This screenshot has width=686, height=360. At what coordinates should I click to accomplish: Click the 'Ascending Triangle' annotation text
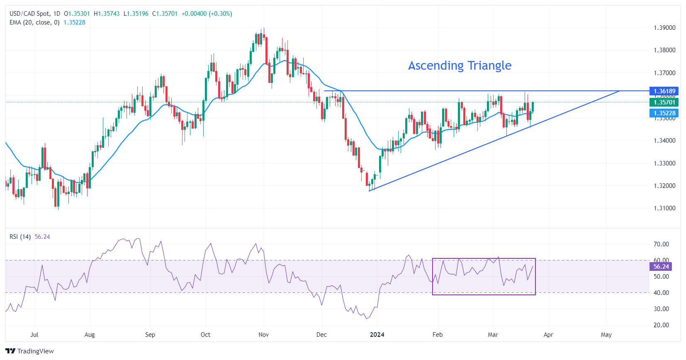460,66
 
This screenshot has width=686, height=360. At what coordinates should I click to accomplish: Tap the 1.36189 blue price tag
664,91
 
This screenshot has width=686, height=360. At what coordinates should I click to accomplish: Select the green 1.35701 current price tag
664,102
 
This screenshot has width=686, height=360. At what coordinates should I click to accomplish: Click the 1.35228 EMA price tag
664,113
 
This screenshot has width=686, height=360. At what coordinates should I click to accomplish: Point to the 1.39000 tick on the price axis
664,28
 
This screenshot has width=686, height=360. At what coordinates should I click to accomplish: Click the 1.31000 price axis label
664,208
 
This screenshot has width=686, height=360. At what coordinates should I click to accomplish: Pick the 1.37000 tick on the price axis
664,73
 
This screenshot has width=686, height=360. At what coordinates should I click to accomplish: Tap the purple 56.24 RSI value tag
661,267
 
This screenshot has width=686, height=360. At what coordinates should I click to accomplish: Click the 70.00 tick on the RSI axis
661,244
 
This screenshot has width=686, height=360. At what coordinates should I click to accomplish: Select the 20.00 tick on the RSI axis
661,325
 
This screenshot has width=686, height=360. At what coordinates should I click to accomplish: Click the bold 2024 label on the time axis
377,335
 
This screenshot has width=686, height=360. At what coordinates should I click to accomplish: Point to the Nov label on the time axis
263,335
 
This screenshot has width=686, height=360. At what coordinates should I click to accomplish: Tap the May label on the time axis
606,335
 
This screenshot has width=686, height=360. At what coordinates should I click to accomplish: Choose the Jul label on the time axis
34,335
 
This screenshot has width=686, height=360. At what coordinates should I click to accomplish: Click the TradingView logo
30,351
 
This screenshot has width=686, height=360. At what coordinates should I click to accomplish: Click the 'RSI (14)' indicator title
20,237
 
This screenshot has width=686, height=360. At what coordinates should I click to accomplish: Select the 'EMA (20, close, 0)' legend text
34,22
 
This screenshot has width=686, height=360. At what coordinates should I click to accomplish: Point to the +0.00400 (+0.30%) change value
207,14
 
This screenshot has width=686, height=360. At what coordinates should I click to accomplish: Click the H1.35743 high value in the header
107,14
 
